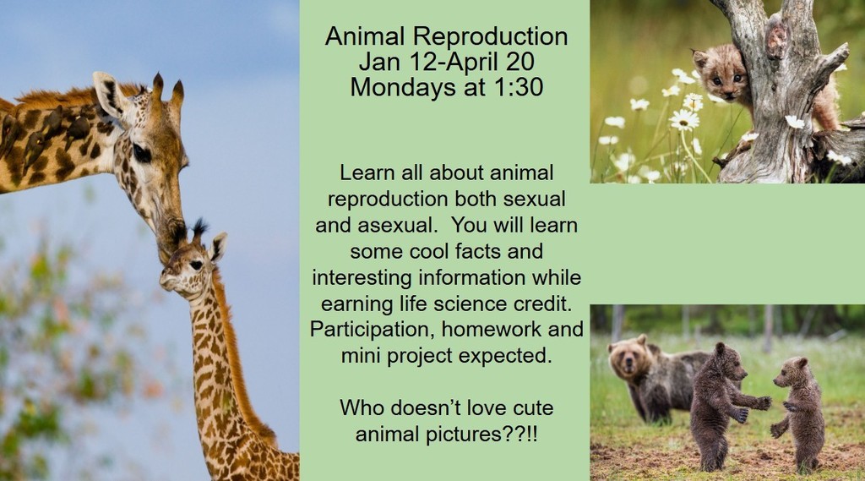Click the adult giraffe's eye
coord(141,154)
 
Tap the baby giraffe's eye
coord(194,265)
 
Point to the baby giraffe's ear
coord(218,247)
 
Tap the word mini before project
coord(362,355)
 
